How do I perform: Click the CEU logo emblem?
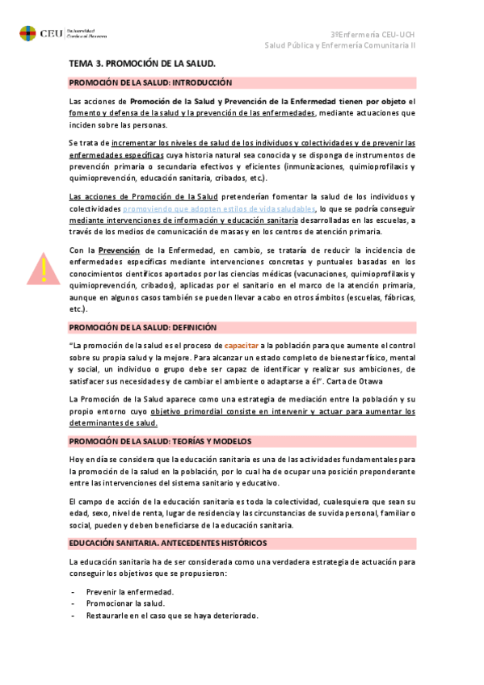click(27, 34)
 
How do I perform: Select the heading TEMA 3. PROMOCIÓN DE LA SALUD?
click(141, 62)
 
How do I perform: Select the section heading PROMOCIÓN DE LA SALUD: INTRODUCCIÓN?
click(150, 82)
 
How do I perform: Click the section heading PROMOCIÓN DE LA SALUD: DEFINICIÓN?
click(143, 327)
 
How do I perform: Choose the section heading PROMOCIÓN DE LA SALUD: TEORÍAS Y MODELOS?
click(171, 441)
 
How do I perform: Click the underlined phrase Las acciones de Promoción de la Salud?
click(144, 196)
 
